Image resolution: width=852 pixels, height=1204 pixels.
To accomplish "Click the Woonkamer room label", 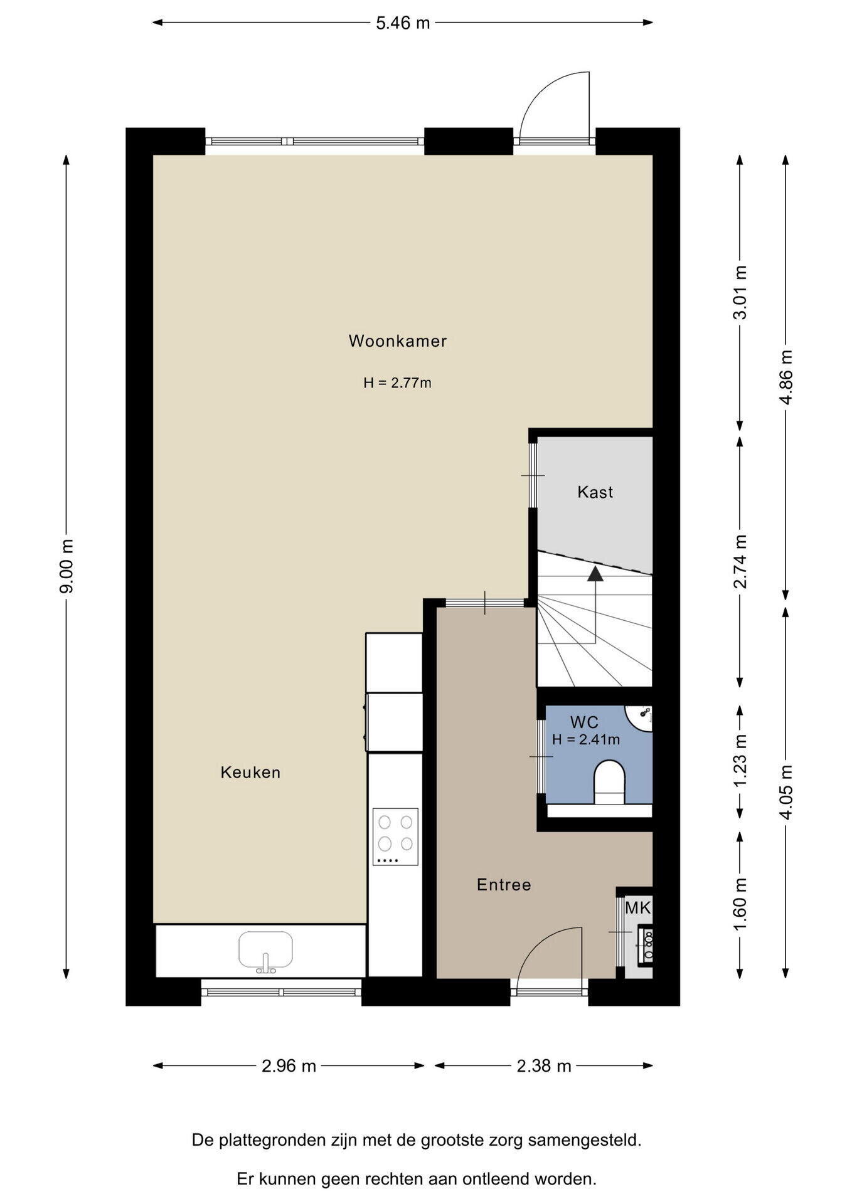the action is [x=398, y=341].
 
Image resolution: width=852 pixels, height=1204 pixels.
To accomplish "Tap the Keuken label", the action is [x=250, y=772].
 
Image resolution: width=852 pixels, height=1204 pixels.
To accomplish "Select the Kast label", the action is [x=595, y=492].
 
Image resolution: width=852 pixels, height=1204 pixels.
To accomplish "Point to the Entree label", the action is [x=504, y=885].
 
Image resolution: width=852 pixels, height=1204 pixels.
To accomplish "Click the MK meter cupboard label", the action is [x=638, y=907].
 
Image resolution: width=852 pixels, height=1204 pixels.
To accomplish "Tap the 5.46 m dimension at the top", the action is [x=403, y=23].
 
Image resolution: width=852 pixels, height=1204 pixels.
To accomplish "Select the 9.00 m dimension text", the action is [x=67, y=566].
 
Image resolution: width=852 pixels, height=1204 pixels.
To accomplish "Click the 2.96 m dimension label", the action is [x=289, y=1065].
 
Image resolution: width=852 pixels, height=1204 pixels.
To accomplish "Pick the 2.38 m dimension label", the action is [x=544, y=1065].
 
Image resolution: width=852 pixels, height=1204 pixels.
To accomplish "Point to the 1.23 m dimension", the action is [x=740, y=761].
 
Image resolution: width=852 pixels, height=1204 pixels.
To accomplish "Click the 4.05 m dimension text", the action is [x=786, y=791].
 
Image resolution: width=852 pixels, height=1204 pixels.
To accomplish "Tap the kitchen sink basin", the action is [x=266, y=949].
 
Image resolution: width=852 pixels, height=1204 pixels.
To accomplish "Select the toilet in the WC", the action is [x=609, y=782].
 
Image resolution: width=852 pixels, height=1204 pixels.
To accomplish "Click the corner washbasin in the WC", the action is [x=640, y=717].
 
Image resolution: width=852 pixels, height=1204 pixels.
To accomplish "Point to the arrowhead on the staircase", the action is [x=595, y=573].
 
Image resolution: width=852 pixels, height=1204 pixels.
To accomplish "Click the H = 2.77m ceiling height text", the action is [x=397, y=383].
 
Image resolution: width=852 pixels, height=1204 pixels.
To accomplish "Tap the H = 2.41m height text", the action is [x=586, y=739].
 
